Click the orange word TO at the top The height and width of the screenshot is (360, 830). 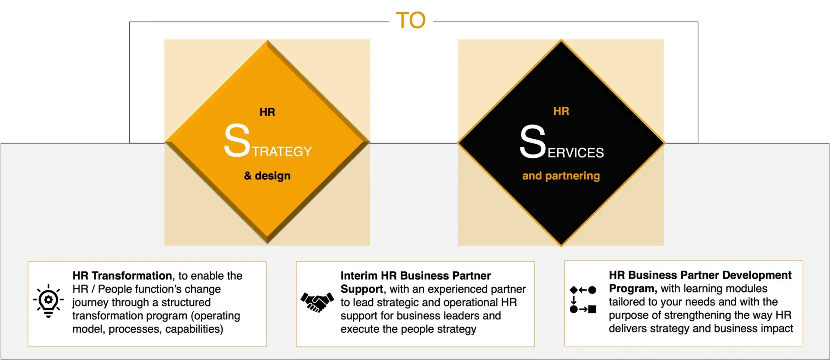click(x=411, y=20)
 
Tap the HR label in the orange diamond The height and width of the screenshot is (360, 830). click(x=267, y=112)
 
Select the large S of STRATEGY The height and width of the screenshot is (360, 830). click(x=237, y=140)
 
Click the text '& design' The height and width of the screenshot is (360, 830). click(x=267, y=175)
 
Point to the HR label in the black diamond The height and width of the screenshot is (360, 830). click(x=561, y=112)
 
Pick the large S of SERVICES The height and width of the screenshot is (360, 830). click(x=533, y=141)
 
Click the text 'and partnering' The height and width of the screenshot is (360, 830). click(x=561, y=176)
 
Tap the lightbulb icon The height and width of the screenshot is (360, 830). click(x=48, y=301)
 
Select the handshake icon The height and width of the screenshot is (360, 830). click(x=317, y=302)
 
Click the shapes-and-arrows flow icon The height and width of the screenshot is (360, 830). click(x=583, y=299)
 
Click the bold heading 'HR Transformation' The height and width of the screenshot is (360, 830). click(x=122, y=276)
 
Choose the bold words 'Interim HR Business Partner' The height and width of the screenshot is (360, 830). click(x=415, y=276)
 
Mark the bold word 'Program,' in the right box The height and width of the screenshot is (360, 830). click(x=633, y=288)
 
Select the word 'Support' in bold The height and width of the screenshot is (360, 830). click(x=362, y=289)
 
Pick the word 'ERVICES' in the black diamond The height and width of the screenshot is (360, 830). click(x=576, y=153)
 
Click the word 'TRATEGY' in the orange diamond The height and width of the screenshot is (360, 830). click(x=282, y=151)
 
